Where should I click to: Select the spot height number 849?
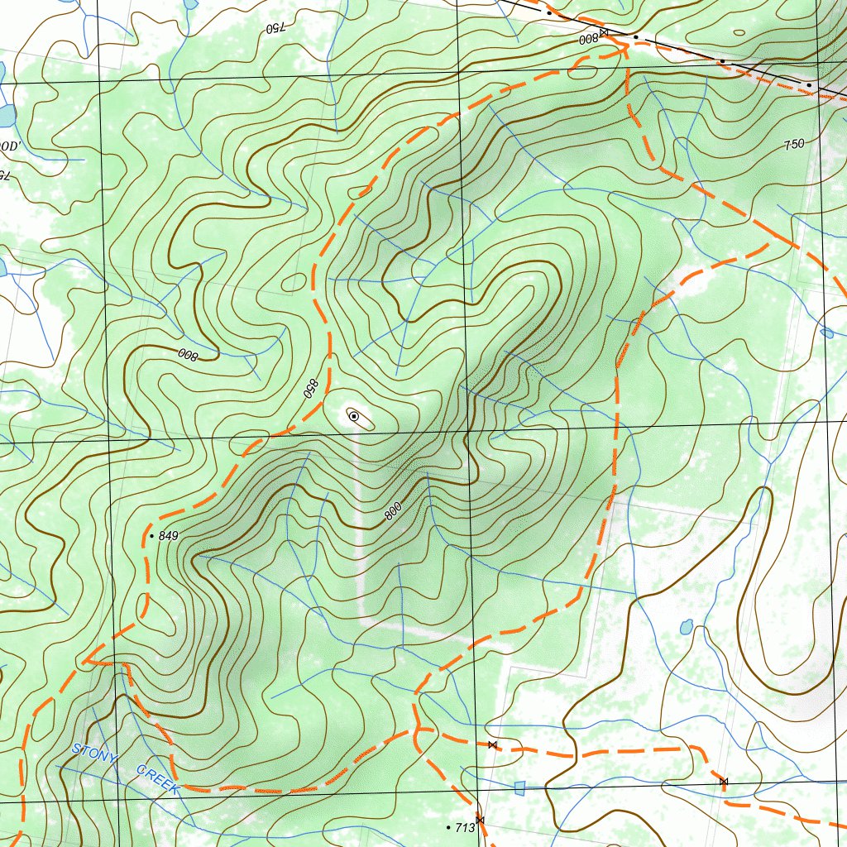168,536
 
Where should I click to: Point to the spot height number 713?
464,827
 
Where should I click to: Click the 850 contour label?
311,388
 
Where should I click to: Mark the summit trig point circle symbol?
354,416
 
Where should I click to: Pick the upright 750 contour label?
793,144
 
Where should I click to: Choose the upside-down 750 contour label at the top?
275,27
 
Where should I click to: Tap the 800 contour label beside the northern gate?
588,39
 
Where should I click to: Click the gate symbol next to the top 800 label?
604,32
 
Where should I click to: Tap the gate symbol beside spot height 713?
480,820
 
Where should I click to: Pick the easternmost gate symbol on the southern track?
723,782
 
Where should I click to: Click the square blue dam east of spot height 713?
519,787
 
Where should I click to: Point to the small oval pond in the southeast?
686,627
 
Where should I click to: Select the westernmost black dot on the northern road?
548,13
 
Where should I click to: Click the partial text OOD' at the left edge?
9,146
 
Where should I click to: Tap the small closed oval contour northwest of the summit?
294,282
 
